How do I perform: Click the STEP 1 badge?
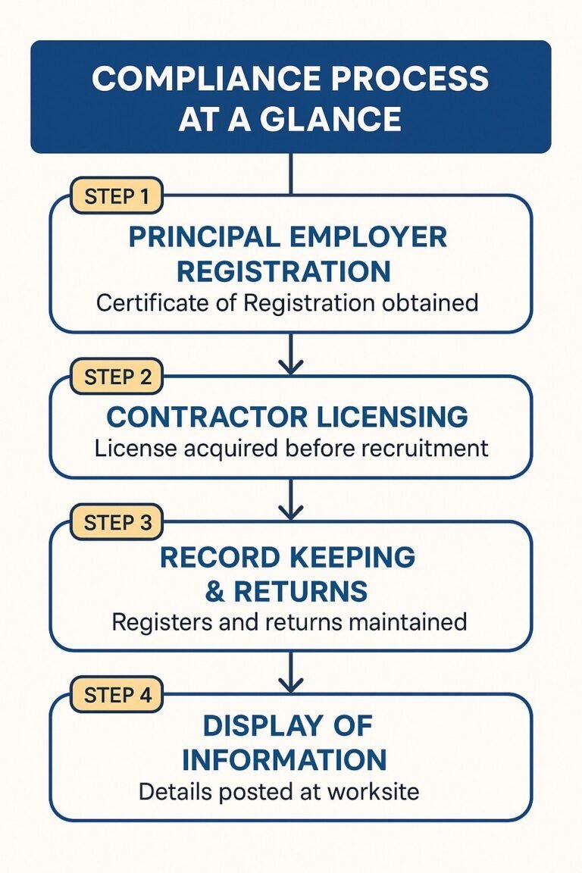click(x=116, y=196)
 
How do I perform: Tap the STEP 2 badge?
click(x=116, y=377)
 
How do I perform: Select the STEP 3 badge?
click(x=116, y=522)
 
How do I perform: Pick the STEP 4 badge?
click(x=116, y=694)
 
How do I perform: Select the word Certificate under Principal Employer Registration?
click(x=165, y=303)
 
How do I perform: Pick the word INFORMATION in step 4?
click(x=285, y=759)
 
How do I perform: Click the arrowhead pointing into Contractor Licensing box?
click(x=291, y=367)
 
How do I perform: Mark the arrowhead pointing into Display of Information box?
click(x=291, y=684)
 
